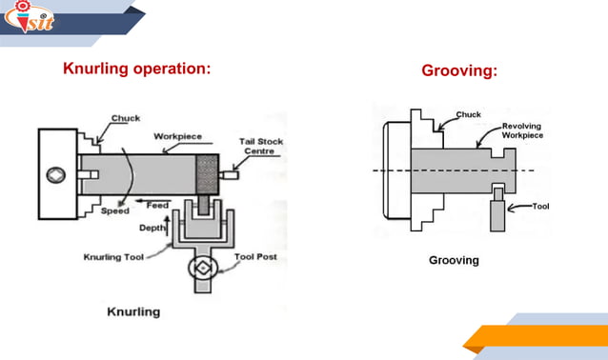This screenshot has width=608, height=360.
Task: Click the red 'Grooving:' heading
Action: pos(459,71)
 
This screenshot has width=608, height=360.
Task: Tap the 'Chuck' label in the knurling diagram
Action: pos(125,118)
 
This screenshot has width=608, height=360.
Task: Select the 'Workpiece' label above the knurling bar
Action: pos(177,136)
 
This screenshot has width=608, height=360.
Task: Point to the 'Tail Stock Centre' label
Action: pos(260,147)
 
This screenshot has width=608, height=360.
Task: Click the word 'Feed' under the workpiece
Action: pos(157,205)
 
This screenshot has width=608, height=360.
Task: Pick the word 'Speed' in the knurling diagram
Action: pos(114,211)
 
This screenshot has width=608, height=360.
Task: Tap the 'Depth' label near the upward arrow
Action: pos(152,230)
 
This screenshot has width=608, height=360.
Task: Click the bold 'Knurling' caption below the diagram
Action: pos(131,311)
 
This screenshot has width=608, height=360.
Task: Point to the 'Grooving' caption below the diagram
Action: pos(454,260)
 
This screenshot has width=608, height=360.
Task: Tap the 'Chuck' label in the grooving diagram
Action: pos(468,115)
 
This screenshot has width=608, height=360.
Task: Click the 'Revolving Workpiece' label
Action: pos(522,131)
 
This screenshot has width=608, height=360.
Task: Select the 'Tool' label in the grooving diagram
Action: pos(540,206)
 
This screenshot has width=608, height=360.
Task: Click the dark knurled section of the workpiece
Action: pos(207,175)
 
